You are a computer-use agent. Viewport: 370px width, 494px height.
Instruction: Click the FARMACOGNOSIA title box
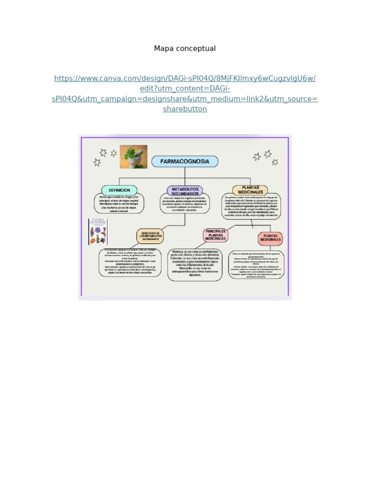tap(185, 162)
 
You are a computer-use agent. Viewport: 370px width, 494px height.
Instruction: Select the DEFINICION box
tap(119, 190)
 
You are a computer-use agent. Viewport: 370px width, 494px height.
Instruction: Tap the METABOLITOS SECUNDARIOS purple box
tap(185, 191)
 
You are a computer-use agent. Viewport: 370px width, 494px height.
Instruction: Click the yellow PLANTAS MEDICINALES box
tap(250, 190)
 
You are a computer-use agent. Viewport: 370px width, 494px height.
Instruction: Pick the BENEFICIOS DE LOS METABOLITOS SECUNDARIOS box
tap(150, 236)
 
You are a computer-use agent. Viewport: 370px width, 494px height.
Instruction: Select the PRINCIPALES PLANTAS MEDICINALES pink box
tap(215, 235)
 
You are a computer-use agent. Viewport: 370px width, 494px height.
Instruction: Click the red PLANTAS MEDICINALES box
tap(270, 238)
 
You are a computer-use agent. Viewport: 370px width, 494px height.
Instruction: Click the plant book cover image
tap(98, 232)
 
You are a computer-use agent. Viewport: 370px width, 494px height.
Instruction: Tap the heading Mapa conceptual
tap(185, 48)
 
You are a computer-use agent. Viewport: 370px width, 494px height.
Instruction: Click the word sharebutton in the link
tap(185, 109)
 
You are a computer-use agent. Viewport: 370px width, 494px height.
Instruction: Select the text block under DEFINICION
tap(119, 204)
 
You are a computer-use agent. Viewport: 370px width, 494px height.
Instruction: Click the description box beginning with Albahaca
tap(195, 265)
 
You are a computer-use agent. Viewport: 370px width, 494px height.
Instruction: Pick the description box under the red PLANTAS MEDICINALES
tap(256, 264)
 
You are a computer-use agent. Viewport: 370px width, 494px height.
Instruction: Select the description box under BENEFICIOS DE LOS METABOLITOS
tap(130, 263)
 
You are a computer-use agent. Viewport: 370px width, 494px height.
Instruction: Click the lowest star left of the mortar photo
tap(97, 163)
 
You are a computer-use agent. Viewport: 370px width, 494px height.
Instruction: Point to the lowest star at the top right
tap(275, 162)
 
